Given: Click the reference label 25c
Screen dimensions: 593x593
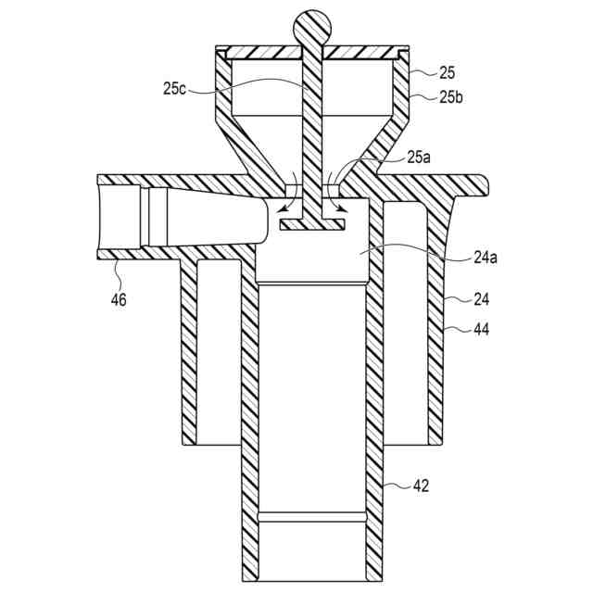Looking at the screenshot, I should [x=173, y=89].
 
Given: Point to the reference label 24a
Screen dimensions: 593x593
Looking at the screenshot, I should [x=461, y=259].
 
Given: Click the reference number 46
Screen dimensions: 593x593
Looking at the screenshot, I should [x=119, y=298].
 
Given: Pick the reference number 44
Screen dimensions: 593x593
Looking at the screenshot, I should [x=458, y=329].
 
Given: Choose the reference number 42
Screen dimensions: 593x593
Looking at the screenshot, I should [x=421, y=485].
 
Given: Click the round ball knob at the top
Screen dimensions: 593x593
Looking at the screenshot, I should [x=311, y=28].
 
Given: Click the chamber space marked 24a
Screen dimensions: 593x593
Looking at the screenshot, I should [x=315, y=255].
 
